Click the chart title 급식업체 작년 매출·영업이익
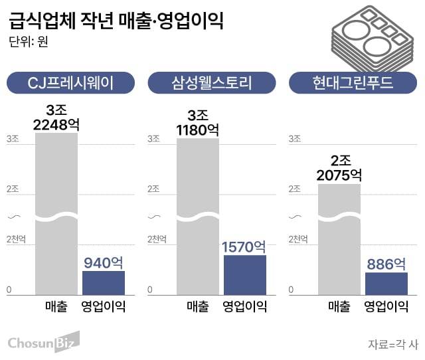point(116,21)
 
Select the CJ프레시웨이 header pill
point(70,83)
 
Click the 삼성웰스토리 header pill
point(212,83)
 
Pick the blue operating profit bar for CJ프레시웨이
point(104,282)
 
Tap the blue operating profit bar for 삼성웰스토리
point(245,274)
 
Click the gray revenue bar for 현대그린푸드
point(339,239)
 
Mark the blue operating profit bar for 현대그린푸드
point(386,283)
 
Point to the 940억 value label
point(104,262)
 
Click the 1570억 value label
point(244,246)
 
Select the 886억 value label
point(386,264)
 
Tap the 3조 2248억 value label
point(56,117)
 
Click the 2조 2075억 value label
point(339,168)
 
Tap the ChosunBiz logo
point(43,342)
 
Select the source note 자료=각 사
point(393,344)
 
